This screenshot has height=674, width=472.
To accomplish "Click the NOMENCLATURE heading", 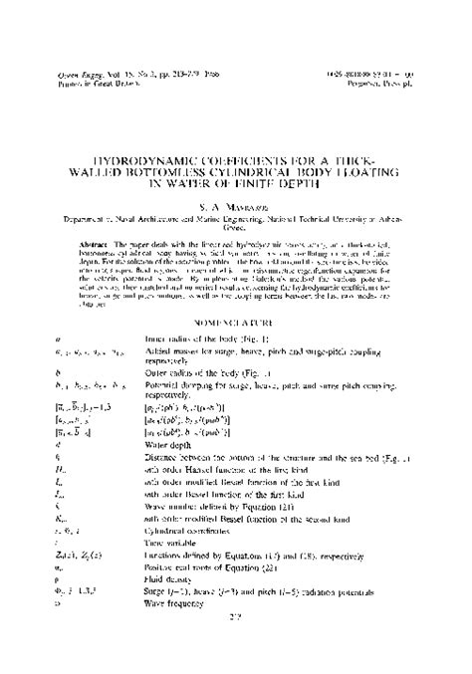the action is tap(235, 295).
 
